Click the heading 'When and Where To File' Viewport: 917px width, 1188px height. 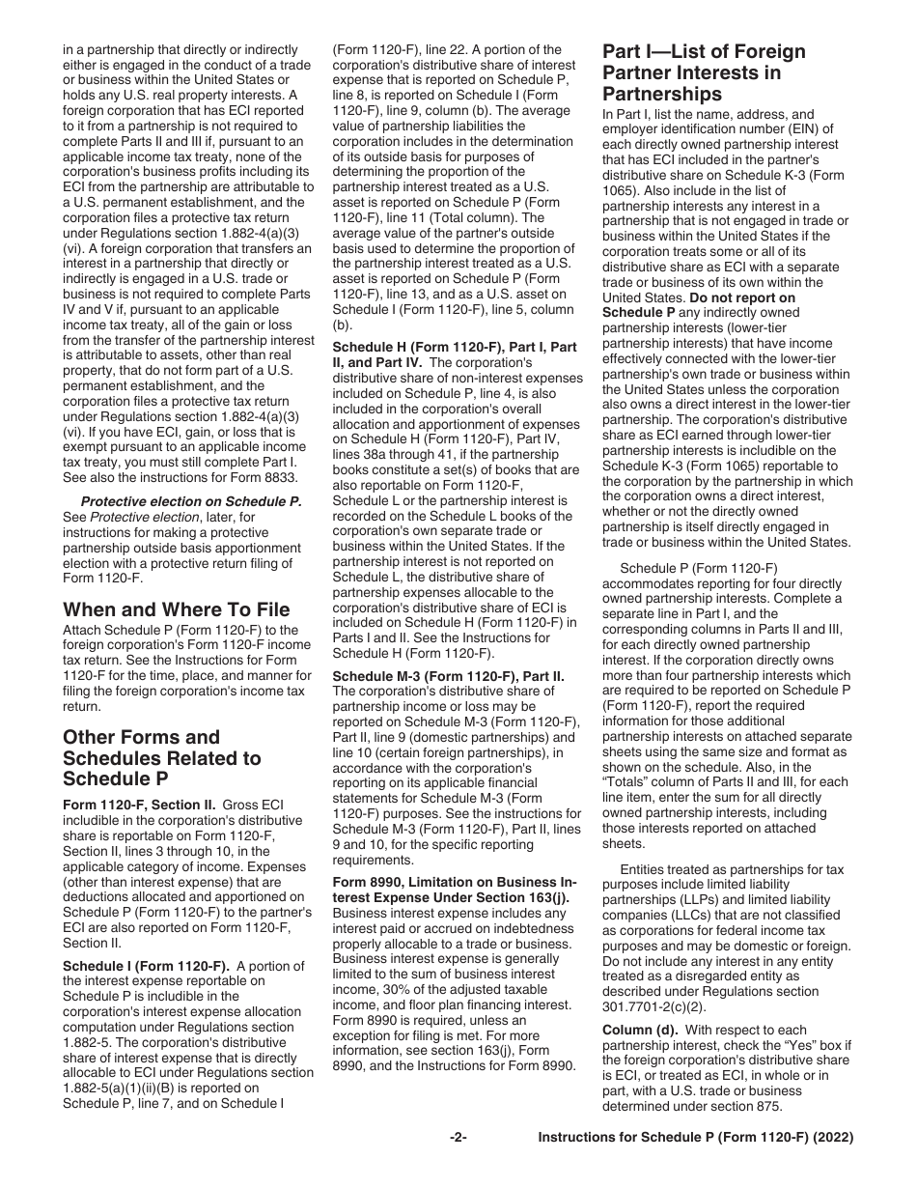point(176,609)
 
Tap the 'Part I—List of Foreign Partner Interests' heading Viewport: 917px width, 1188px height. point(704,72)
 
